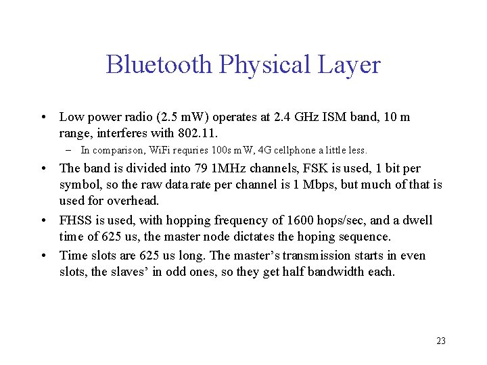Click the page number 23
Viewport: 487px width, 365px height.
click(441, 341)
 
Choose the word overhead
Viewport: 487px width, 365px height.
click(133, 201)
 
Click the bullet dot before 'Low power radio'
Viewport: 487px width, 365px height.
click(43, 117)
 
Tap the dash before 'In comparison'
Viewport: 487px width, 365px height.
click(69, 150)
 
